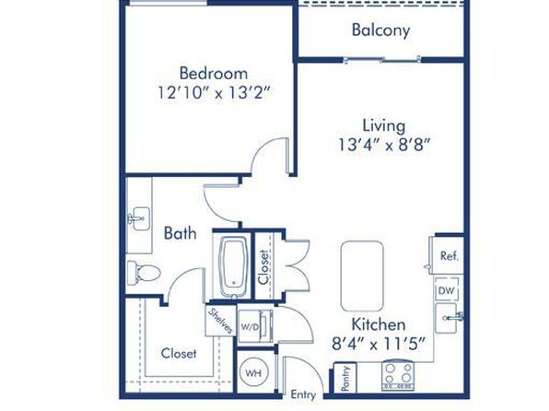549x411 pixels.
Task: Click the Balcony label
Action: pos(380,29)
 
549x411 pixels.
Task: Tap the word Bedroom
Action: pos(214,73)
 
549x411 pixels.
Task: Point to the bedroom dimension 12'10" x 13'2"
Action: pos(215,93)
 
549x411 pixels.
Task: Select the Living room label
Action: pos(384,125)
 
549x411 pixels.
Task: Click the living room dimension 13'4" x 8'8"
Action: pos(384,145)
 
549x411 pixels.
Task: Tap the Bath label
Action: pos(180,233)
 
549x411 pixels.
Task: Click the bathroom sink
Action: pos(139,218)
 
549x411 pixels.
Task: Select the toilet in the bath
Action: pos(144,272)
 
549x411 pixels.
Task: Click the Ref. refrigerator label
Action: pos(450,256)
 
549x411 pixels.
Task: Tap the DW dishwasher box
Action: pos(447,290)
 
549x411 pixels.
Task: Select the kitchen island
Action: pos(362,276)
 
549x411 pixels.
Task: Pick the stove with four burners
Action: pos(398,376)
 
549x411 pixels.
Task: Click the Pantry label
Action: pos(345,379)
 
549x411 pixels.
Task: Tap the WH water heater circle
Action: pos(253,373)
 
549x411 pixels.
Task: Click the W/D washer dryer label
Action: pos(250,327)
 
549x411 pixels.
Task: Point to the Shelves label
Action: pos(220,321)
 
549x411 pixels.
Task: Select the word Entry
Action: pos(303,395)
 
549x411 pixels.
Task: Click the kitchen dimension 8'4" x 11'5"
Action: pos(379,344)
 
